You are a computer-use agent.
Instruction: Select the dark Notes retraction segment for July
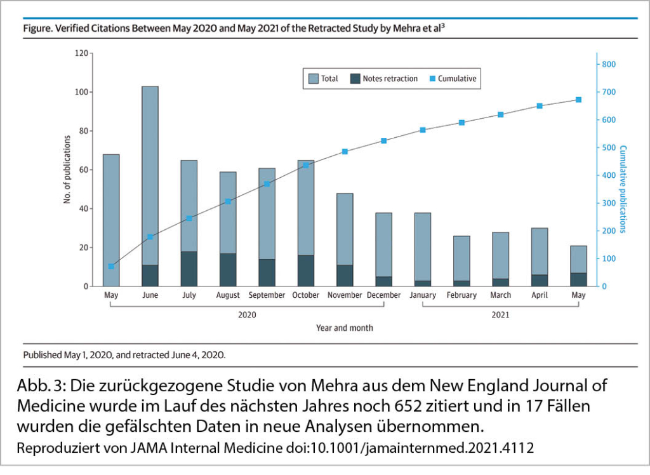click(189, 269)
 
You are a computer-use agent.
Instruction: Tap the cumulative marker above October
click(306, 165)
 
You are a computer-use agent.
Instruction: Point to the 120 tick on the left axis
click(81, 53)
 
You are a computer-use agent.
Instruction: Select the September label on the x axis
click(267, 295)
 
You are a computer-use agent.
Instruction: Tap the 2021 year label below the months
click(500, 314)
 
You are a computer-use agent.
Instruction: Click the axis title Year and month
click(345, 328)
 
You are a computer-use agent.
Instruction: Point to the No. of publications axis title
click(67, 170)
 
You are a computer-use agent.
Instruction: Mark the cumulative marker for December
click(384, 140)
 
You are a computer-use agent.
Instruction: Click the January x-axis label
click(422, 295)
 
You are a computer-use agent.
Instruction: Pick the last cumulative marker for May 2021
click(578, 100)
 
